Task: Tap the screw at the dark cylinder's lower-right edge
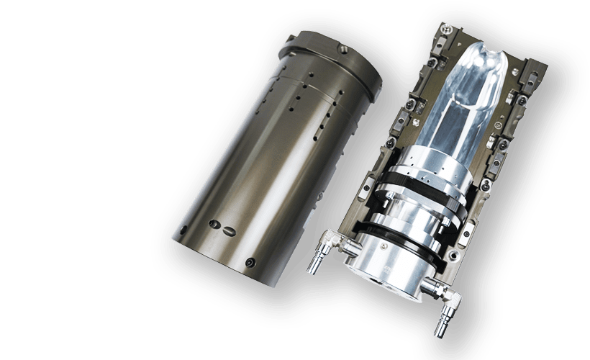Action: pos(250,261)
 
